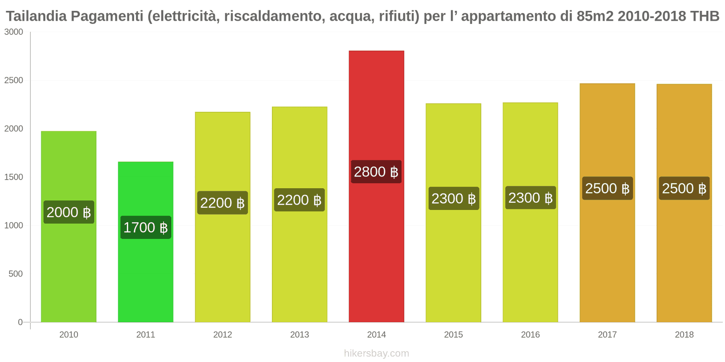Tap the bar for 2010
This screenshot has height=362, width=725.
(x=69, y=271)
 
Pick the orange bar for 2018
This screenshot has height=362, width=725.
(x=684, y=262)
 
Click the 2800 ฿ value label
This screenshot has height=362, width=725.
(x=376, y=172)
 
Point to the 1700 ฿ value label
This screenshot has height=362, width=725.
(x=145, y=227)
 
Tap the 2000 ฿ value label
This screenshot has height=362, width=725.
(x=69, y=212)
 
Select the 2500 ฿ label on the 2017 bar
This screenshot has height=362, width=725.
(x=607, y=188)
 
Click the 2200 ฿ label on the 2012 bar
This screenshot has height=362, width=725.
(x=222, y=203)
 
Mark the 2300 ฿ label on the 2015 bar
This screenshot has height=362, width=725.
(x=454, y=198)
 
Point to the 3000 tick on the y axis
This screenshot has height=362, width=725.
(x=14, y=32)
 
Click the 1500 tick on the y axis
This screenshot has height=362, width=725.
(x=14, y=177)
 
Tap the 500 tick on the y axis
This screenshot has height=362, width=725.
(x=15, y=274)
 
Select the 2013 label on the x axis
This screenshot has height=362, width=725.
(x=300, y=334)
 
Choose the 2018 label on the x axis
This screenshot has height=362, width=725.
(x=684, y=334)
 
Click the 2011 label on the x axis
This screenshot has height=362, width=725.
(x=145, y=334)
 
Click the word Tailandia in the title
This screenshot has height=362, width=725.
(x=36, y=16)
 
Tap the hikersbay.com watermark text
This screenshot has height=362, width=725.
(x=376, y=353)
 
